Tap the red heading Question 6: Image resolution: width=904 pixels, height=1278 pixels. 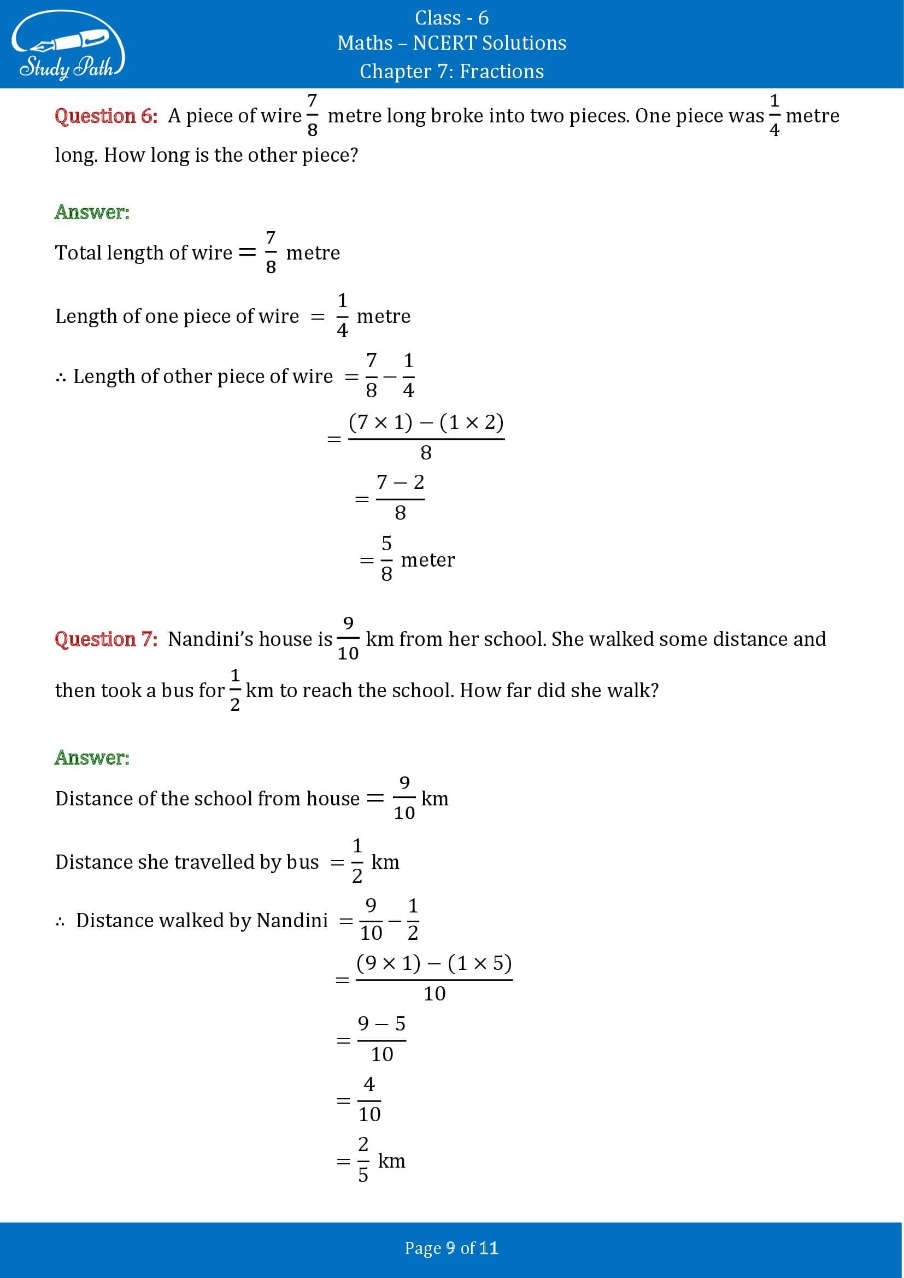pos(106,116)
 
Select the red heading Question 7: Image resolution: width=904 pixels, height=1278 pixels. pos(106,639)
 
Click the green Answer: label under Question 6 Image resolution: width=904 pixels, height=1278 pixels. pos(92,212)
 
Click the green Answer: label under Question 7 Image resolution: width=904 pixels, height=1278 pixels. pos(92,757)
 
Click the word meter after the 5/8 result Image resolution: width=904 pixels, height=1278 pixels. pos(427,560)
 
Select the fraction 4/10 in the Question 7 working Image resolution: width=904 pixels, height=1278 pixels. pos(369,1100)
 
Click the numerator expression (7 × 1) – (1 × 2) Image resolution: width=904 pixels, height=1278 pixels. pos(426,422)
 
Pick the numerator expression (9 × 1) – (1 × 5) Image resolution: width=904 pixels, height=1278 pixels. pos(434,963)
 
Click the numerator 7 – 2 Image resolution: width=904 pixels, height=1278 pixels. pos(400,482)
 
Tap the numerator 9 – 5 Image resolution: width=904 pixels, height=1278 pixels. pos(381,1023)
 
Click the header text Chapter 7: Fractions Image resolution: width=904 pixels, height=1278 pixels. pos(451,71)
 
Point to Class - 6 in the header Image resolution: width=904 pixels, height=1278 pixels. pos(451,18)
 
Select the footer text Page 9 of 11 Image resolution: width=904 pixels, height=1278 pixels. pos(451,1248)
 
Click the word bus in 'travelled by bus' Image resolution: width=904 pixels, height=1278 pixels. pos(302,862)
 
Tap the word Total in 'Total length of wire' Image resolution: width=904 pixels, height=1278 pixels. pos(78,253)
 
